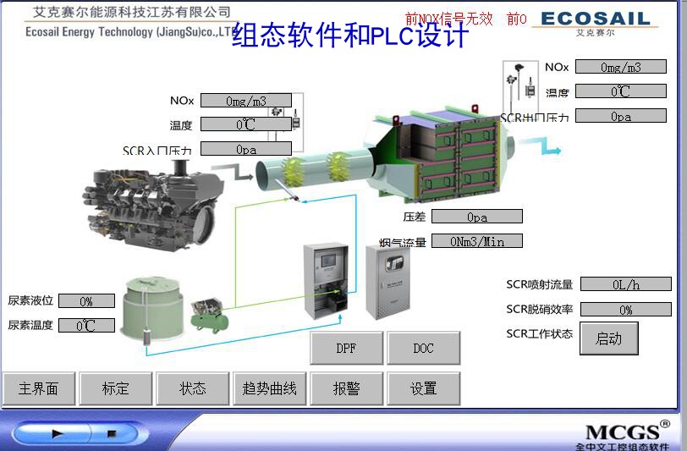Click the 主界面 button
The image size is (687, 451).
tap(39, 388)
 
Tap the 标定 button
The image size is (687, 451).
tap(116, 388)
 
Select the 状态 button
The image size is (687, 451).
tap(193, 388)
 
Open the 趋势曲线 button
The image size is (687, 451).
tap(270, 388)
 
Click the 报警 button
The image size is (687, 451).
tap(347, 388)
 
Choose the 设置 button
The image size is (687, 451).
tap(424, 388)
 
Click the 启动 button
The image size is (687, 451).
tap(609, 338)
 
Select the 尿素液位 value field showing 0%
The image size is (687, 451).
tap(86, 301)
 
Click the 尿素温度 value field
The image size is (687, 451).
tap(86, 325)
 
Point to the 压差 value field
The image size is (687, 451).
tap(477, 217)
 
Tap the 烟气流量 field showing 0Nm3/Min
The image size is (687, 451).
tap(477, 241)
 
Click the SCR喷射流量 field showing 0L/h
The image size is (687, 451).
tap(626, 284)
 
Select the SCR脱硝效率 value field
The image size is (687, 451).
tap(626, 310)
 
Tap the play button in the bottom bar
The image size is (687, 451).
tap(58, 433)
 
